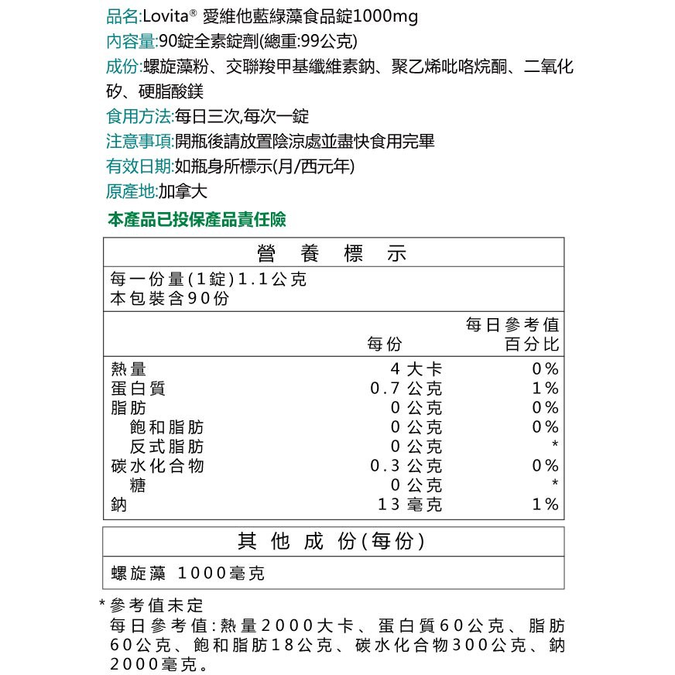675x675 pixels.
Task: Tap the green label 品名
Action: [122, 16]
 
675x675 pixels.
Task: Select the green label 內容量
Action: [130, 41]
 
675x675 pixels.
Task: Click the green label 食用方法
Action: [139, 117]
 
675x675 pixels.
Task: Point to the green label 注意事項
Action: [139, 142]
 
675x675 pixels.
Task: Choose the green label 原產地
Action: [130, 192]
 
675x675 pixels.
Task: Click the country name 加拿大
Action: [183, 192]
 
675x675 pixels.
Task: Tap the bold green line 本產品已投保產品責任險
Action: [197, 220]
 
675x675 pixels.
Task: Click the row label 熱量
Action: [128, 368]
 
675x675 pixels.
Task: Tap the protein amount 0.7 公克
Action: [406, 388]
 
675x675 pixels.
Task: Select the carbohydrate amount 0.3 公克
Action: [406, 466]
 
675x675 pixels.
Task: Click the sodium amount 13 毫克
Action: [410, 505]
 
